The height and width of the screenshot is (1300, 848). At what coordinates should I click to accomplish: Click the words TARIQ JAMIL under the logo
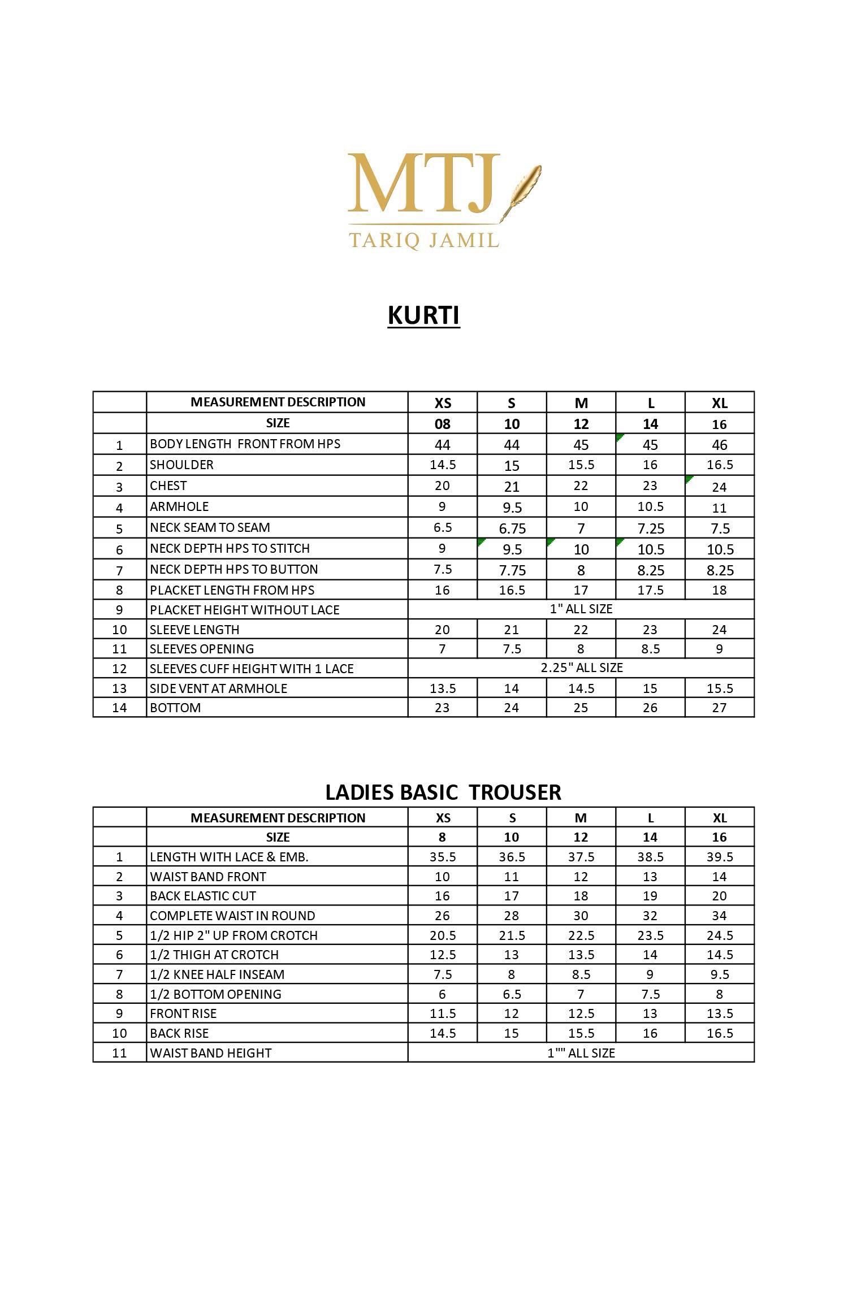[x=424, y=240]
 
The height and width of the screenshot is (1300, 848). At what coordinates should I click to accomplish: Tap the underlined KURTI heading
[x=423, y=315]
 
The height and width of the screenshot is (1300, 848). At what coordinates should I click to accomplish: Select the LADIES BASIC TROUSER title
[x=443, y=792]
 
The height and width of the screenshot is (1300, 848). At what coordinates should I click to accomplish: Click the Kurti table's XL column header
[x=719, y=403]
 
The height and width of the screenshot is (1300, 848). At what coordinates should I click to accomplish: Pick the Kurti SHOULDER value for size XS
[x=442, y=465]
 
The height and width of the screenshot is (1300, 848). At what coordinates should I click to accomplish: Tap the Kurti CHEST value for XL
[x=719, y=486]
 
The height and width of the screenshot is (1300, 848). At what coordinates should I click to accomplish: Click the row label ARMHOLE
[x=179, y=506]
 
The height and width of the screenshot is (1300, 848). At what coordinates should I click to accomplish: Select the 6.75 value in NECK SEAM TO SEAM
[x=512, y=528]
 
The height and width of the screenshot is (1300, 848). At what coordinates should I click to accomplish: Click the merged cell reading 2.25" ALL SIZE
[x=581, y=668]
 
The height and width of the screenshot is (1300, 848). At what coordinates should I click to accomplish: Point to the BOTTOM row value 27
[x=719, y=708]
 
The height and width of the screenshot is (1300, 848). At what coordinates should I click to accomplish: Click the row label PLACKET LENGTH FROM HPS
[x=232, y=590]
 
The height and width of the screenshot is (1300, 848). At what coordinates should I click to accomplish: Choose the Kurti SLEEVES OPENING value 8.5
[x=650, y=649]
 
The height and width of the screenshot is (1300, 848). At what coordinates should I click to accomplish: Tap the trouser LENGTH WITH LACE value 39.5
[x=719, y=857]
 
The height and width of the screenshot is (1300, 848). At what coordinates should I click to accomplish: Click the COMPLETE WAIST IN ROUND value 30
[x=581, y=916]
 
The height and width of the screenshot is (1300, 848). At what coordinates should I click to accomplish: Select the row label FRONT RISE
[x=183, y=1013]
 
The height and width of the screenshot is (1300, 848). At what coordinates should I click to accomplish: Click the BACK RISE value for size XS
[x=442, y=1033]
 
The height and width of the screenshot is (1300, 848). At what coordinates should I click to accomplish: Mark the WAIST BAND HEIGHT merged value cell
[x=581, y=1053]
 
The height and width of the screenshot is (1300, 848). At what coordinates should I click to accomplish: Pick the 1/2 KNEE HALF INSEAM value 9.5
[x=719, y=974]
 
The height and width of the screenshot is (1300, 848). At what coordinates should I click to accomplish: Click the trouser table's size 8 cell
[x=442, y=837]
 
